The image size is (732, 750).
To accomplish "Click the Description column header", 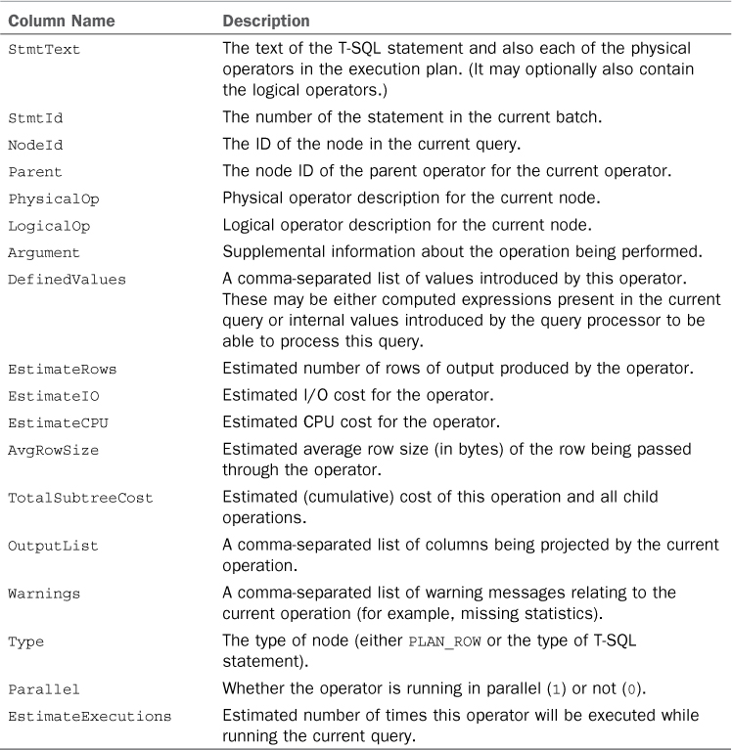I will click(266, 21).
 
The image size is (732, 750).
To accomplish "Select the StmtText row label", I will click(44, 49).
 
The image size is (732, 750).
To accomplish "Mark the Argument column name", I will click(44, 252).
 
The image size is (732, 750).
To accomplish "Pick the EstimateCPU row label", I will click(57, 423).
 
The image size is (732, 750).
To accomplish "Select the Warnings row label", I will click(44, 594).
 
